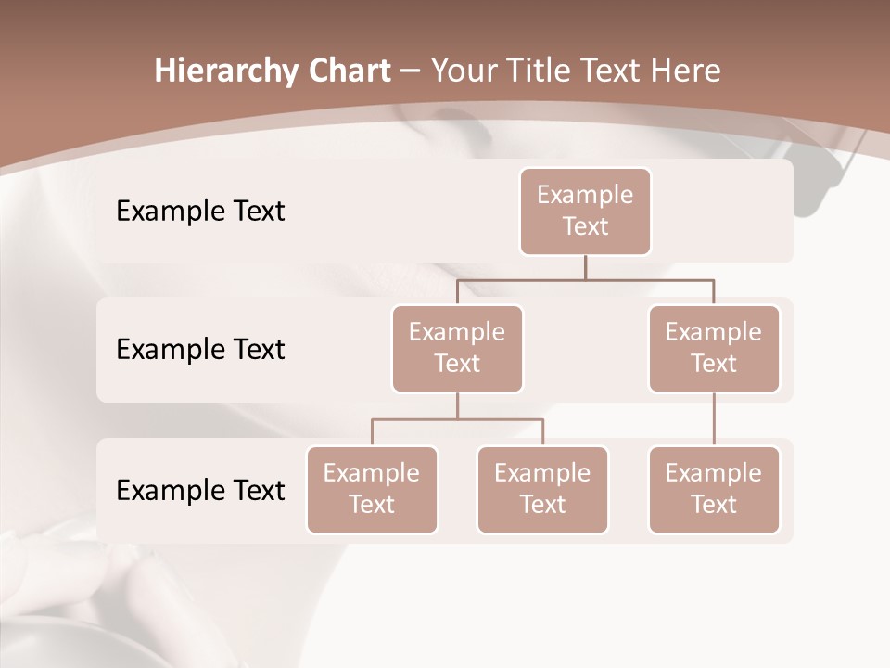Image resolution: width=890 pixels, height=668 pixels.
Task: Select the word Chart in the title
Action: tap(350, 71)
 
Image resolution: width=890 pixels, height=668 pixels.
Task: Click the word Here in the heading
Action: tap(686, 71)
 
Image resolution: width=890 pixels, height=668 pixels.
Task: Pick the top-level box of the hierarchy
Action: tap(585, 211)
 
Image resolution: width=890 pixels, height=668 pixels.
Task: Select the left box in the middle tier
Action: tap(457, 348)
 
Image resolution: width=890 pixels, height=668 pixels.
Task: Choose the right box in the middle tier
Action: tap(714, 348)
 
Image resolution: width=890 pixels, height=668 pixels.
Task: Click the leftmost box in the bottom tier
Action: tap(372, 489)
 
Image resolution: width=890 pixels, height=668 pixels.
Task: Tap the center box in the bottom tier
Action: tap(542, 489)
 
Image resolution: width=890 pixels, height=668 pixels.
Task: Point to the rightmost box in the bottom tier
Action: tap(714, 489)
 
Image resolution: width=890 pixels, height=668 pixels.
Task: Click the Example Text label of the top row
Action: tap(200, 212)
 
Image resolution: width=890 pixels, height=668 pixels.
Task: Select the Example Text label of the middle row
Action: tap(200, 350)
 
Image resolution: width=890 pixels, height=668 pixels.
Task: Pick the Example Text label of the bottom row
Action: tap(200, 490)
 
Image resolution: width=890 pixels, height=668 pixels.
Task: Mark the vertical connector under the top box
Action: tap(585, 267)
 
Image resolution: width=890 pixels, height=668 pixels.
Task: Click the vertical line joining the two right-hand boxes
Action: tap(714, 419)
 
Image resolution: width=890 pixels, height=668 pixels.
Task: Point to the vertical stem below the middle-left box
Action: tap(457, 405)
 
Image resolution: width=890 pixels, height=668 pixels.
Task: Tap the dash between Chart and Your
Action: tap(411, 72)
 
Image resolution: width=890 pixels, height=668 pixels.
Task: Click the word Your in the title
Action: tap(461, 71)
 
